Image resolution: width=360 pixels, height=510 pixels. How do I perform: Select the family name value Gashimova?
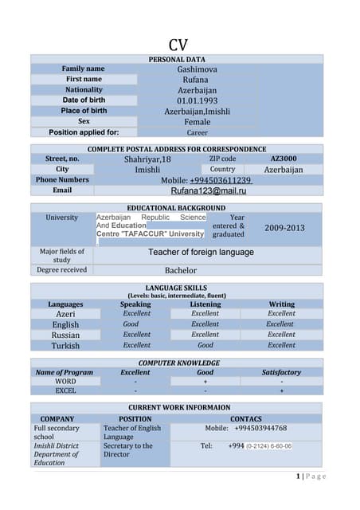click(x=197, y=69)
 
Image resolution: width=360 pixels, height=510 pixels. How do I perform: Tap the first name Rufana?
click(x=197, y=80)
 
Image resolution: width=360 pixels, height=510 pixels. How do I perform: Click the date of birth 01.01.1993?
click(x=197, y=101)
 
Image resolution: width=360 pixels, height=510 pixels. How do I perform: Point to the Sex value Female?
click(x=197, y=122)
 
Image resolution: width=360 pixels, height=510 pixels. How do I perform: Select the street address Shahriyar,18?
click(x=147, y=159)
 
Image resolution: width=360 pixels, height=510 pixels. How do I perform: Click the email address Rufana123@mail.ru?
click(x=209, y=191)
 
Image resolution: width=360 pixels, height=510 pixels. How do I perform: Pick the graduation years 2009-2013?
click(x=284, y=228)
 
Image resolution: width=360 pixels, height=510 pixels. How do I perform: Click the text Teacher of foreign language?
click(x=201, y=253)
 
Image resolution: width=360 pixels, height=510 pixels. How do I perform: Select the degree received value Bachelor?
click(x=180, y=270)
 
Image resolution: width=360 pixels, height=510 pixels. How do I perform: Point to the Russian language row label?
click(x=65, y=335)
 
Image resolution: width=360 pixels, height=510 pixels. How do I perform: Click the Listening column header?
click(x=205, y=304)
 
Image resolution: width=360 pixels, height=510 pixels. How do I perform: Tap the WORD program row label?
click(x=65, y=382)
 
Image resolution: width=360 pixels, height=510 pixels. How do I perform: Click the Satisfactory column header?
click(x=281, y=372)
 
